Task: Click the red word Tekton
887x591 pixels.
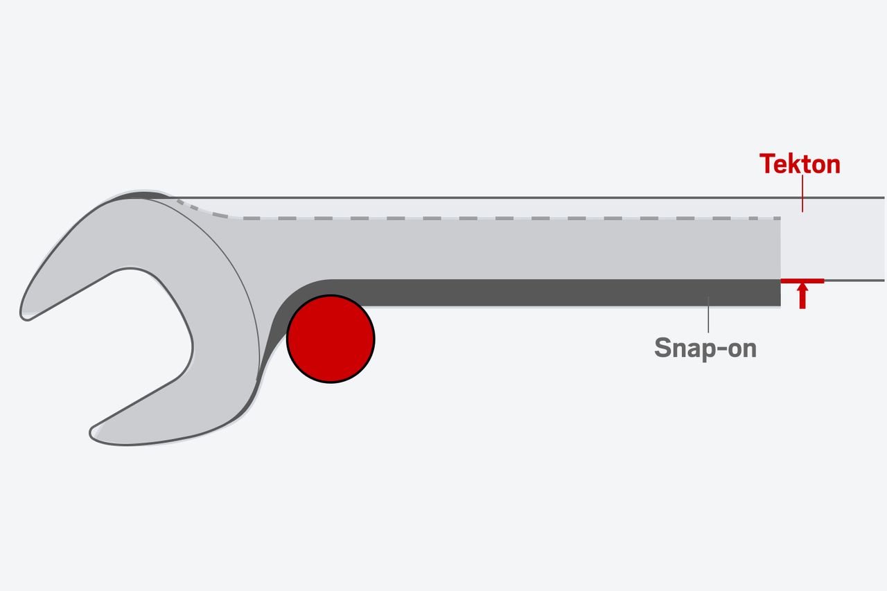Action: tap(800, 164)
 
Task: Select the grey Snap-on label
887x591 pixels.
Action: tap(705, 348)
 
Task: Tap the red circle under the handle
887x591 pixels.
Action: tap(331, 338)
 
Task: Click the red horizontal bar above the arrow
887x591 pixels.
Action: tap(802, 281)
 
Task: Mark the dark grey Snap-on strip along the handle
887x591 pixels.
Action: tap(554, 292)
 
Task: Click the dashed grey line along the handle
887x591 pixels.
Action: tap(485, 218)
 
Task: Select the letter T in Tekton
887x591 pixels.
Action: tap(766, 164)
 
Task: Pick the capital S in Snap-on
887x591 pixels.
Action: tap(663, 348)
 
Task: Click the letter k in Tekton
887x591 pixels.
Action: tap(793, 164)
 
